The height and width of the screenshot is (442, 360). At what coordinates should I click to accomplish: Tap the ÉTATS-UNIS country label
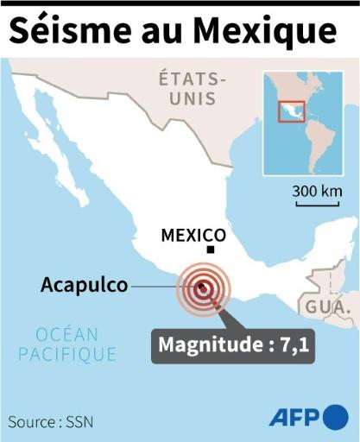[193, 89]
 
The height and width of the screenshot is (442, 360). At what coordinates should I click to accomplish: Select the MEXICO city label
[194, 235]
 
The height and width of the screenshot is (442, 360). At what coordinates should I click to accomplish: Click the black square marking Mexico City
[211, 250]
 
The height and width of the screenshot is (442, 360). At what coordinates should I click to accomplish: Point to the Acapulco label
[84, 285]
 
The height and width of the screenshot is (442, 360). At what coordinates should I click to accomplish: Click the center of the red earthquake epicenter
[203, 289]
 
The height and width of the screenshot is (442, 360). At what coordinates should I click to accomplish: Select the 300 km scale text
[317, 191]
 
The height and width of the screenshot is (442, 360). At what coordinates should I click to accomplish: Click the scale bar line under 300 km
[317, 203]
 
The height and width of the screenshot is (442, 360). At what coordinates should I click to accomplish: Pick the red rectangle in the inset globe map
[291, 111]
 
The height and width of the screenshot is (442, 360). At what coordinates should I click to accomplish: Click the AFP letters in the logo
[294, 418]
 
